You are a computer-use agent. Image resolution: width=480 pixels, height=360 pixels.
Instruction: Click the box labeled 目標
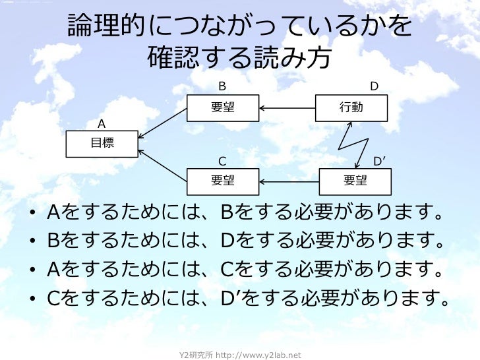click(x=102, y=144)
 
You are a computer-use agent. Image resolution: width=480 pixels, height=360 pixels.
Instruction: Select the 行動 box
click(x=351, y=108)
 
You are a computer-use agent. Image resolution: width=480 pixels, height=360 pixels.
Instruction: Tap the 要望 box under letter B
click(x=222, y=108)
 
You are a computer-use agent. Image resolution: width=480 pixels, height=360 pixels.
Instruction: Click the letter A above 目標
click(x=102, y=124)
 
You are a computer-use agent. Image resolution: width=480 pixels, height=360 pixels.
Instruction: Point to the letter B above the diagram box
click(x=222, y=86)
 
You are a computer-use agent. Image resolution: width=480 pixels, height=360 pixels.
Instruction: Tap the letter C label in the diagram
click(x=222, y=161)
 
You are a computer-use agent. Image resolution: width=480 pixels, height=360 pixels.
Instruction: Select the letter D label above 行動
click(x=374, y=86)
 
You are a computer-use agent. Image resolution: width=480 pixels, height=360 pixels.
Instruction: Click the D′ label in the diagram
click(x=379, y=161)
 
